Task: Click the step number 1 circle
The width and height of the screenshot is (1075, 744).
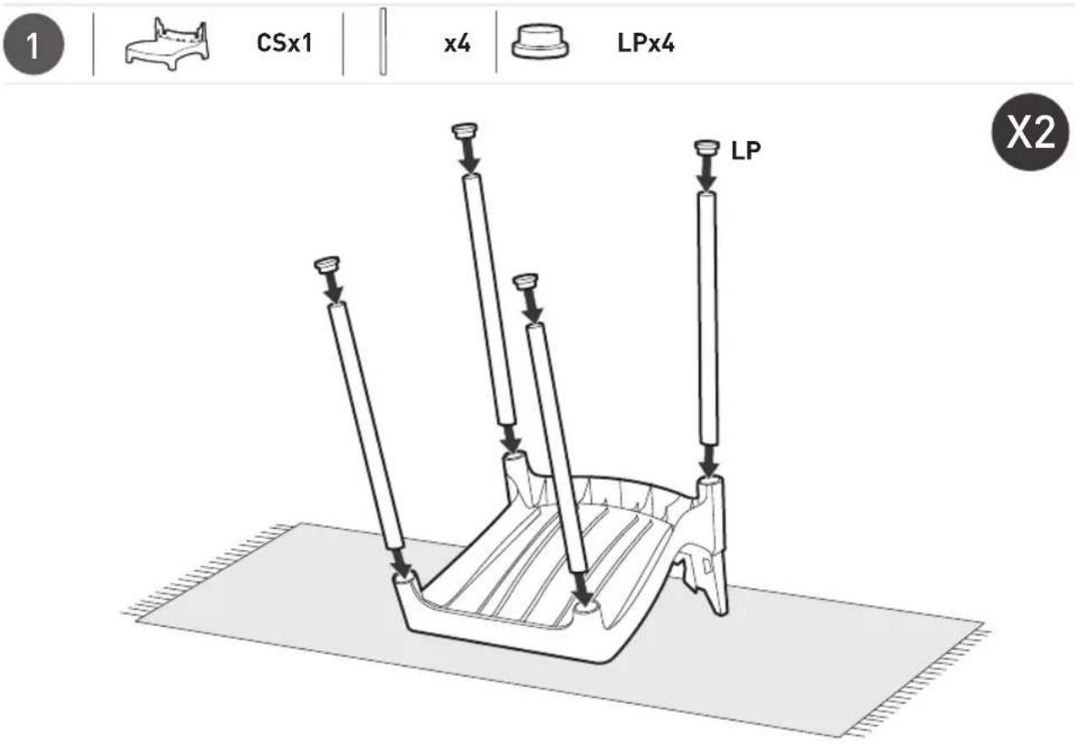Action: tap(33, 44)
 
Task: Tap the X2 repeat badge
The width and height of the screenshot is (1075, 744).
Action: tap(1031, 132)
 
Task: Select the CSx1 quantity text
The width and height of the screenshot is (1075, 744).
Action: tap(285, 43)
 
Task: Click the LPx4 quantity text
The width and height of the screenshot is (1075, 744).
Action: tap(645, 43)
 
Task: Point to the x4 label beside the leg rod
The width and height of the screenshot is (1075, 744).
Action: tap(457, 44)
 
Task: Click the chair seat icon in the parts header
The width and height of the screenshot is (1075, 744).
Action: tap(167, 44)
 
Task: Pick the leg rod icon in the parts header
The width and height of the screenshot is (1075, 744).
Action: tap(383, 41)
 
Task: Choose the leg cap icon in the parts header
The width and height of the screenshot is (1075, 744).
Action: tap(540, 42)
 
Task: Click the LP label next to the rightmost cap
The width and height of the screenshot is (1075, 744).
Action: tap(746, 150)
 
